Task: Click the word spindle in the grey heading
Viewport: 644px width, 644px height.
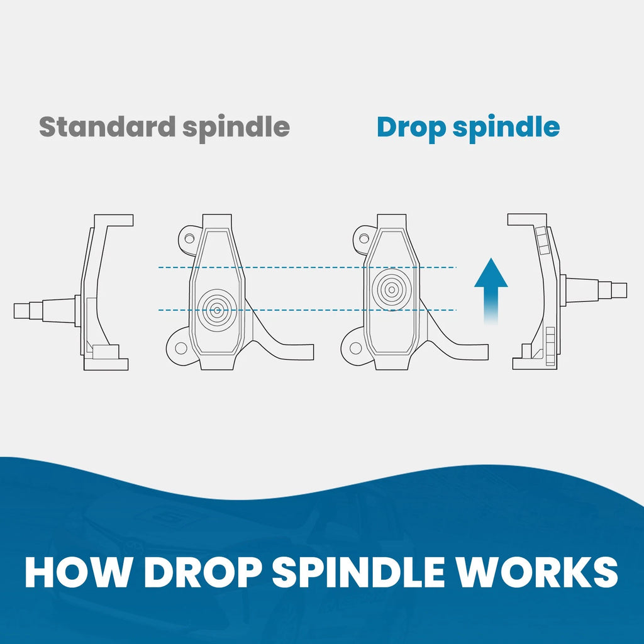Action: [236, 128]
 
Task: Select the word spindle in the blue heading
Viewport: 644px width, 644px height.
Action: [506, 128]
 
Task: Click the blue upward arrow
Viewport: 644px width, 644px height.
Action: [491, 292]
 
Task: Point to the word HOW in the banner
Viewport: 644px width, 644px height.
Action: [76, 572]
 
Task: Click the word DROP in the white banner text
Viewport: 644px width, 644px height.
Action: [203, 572]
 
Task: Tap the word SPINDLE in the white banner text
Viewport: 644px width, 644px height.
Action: [358, 572]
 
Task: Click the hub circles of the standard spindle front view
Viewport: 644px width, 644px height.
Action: [217, 310]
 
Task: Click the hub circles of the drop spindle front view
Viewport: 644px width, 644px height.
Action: [391, 290]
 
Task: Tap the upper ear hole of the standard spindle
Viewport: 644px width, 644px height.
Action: [189, 238]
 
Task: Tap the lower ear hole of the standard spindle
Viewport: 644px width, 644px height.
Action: [181, 348]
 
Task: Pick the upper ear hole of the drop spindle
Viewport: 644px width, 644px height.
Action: [364, 238]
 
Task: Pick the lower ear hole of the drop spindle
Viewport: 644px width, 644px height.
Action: [356, 348]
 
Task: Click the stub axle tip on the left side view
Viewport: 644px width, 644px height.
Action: [15, 311]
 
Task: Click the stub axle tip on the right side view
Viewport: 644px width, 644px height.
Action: [626, 291]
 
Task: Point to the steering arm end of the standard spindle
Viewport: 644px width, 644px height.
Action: [313, 352]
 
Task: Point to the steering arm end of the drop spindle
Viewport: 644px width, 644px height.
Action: [487, 352]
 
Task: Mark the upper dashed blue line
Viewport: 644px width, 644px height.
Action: [307, 267]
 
